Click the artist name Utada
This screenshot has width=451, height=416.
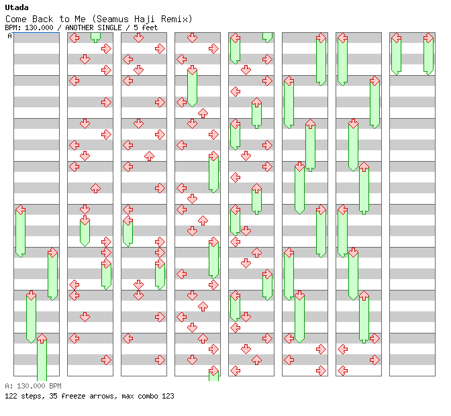pyautogui.click(x=17, y=7)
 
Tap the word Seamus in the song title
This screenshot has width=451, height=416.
pyautogui.click(x=113, y=19)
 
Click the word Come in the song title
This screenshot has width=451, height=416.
pyautogui.click(x=16, y=19)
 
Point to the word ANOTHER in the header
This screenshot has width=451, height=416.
pyautogui.click(x=79, y=28)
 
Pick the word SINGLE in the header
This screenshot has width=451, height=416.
pyautogui.click(x=109, y=28)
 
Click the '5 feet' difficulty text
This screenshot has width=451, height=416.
pyautogui.click(x=146, y=28)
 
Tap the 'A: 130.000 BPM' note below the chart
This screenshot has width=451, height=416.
pyautogui.click(x=33, y=386)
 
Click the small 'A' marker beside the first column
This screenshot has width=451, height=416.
pyautogui.click(x=9, y=36)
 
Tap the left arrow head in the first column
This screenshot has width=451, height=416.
pyautogui.click(x=20, y=209)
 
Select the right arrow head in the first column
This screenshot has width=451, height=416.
pyautogui.click(x=52, y=253)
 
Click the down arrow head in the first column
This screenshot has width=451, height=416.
pyautogui.click(x=31, y=295)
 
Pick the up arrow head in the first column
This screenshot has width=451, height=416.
pyautogui.click(x=42, y=338)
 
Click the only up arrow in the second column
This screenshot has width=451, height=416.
pyautogui.click(x=95, y=189)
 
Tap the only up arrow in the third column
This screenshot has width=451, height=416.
pyautogui.click(x=149, y=156)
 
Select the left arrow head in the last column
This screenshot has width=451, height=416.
pyautogui.click(x=396, y=38)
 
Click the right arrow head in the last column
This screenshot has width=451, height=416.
pyautogui.click(x=429, y=38)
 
